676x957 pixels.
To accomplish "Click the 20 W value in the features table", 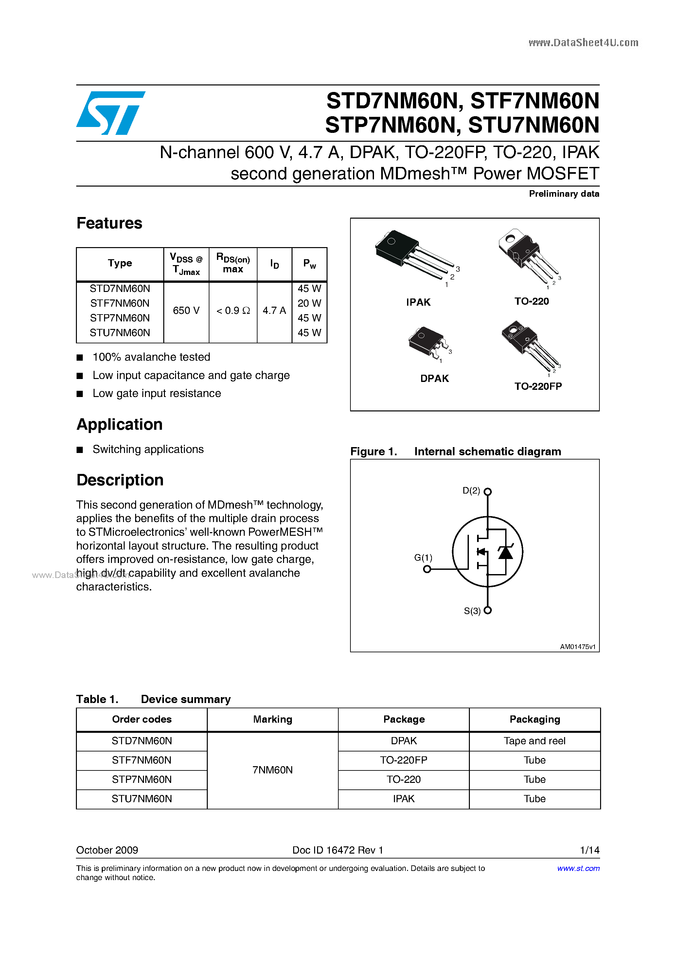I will (x=309, y=303).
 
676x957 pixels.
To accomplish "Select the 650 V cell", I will (x=186, y=311).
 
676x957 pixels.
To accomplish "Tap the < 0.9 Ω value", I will (x=233, y=311).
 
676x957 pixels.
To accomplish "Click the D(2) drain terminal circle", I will (x=487, y=491).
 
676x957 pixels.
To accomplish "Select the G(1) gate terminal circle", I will (x=427, y=569).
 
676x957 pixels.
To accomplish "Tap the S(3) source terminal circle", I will (x=487, y=610).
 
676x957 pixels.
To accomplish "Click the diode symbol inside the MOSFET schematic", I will (x=505, y=552).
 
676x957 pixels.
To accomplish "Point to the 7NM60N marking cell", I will (x=273, y=770).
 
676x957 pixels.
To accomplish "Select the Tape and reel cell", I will (x=534, y=741).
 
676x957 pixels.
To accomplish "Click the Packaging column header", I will (x=534, y=719).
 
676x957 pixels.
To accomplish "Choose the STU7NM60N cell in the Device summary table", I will (x=142, y=799).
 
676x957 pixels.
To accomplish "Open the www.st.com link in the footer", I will (x=578, y=868).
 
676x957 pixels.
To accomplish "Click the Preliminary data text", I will (x=563, y=193).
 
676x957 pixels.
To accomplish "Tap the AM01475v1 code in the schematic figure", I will (x=577, y=646).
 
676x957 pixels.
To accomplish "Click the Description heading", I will (x=120, y=480).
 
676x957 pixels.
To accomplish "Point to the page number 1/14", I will (x=589, y=850).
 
